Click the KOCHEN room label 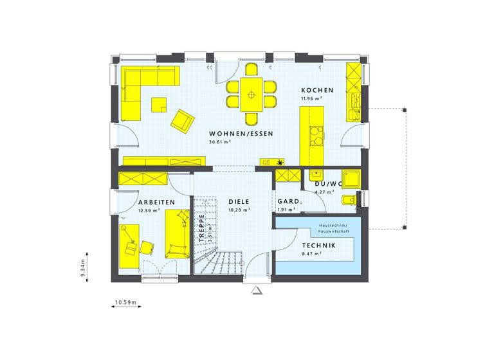(317, 91)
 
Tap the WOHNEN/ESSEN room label (241, 134)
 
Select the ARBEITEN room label (156, 202)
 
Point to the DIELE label (239, 202)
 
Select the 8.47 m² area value (312, 253)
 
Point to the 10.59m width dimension (127, 301)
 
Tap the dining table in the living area (251, 95)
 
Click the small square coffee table (158, 104)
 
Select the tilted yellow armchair (183, 120)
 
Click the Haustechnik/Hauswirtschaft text (333, 228)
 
